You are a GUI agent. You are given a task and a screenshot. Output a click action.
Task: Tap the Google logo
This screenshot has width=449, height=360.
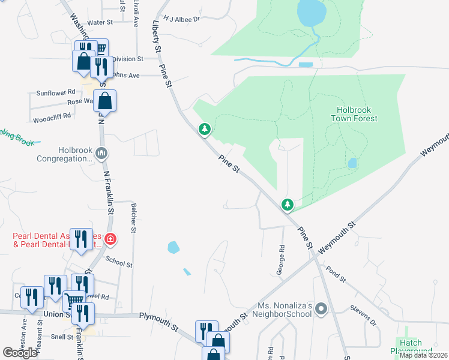coord(20,353)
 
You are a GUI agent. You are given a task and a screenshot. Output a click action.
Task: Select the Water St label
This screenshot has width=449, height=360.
coord(100,22)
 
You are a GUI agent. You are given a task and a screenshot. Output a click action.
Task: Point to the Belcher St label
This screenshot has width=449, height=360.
coord(133,217)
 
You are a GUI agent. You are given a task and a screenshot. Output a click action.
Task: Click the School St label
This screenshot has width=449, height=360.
coord(118,261)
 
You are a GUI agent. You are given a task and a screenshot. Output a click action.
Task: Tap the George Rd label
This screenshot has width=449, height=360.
coord(280,260)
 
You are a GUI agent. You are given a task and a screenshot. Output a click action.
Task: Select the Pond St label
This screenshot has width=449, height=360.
coord(336,275)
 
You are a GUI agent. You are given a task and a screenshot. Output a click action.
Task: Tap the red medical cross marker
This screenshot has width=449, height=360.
coord(110,239)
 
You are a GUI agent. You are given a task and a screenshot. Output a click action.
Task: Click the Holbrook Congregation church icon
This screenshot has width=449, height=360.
coord(101,154)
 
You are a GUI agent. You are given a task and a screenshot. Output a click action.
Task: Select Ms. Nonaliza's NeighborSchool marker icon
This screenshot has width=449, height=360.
coord(321,310)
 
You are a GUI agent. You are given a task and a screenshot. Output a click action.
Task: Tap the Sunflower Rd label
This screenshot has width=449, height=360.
coord(56,92)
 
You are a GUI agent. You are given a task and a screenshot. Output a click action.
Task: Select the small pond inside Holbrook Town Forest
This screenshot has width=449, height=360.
coord(352,163)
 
